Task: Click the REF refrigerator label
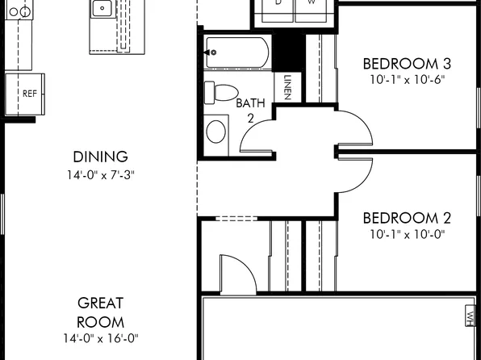(30, 94)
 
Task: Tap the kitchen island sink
(102, 10)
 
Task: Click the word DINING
(100, 157)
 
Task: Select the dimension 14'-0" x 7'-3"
(100, 174)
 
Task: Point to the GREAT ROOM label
(100, 312)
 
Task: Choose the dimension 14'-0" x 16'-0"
(100, 338)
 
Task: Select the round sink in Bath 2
(216, 130)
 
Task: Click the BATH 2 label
(250, 111)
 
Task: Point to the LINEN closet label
(287, 87)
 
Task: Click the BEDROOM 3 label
(406, 64)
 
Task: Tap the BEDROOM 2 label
(406, 218)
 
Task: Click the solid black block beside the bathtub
(288, 52)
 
